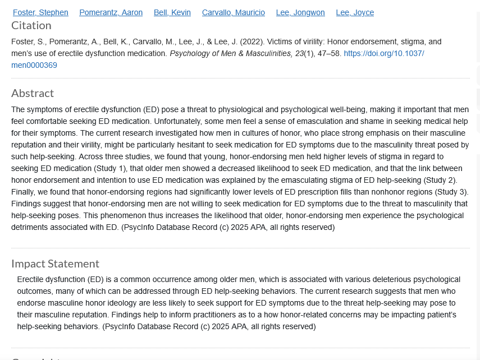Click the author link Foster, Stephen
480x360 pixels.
click(x=40, y=12)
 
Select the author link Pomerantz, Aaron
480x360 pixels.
click(x=111, y=12)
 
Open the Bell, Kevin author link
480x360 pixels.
click(x=172, y=12)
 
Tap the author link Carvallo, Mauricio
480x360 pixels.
click(x=234, y=12)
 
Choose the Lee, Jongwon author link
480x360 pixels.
click(x=300, y=12)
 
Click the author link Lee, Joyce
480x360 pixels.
click(x=355, y=12)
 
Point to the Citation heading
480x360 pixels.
click(x=31, y=25)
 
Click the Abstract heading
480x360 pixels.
click(x=33, y=93)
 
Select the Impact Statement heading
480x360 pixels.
click(x=56, y=264)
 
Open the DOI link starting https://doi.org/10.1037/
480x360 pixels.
click(x=384, y=53)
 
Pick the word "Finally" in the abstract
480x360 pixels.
click(x=24, y=192)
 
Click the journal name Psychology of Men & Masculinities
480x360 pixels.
click(x=231, y=53)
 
